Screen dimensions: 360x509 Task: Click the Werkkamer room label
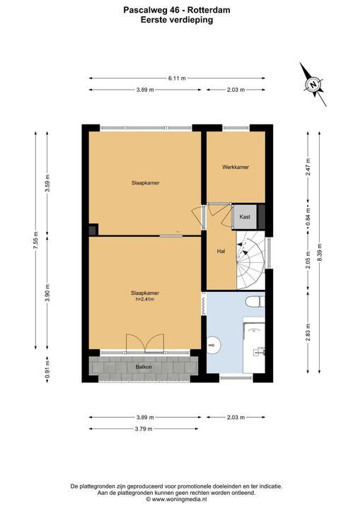tap(236, 167)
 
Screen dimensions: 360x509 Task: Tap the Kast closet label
tap(245, 216)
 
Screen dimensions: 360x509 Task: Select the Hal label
tap(221, 251)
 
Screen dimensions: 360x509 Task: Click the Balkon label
tap(144, 367)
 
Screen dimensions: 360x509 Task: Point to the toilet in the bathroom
tap(255, 302)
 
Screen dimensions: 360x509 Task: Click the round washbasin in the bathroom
tap(214, 344)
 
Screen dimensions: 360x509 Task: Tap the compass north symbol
tap(313, 84)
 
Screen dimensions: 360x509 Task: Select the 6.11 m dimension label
tap(177, 78)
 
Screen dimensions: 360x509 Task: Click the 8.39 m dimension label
tap(320, 252)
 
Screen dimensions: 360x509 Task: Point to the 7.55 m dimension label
tap(36, 240)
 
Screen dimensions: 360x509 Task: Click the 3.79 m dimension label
tap(144, 429)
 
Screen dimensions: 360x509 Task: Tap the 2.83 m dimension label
tap(308, 332)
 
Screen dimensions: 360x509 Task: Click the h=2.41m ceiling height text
tap(145, 299)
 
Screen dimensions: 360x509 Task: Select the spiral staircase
tap(250, 260)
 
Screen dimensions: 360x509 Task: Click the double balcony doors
tap(145, 343)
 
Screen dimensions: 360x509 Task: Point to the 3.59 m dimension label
tap(47, 183)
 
